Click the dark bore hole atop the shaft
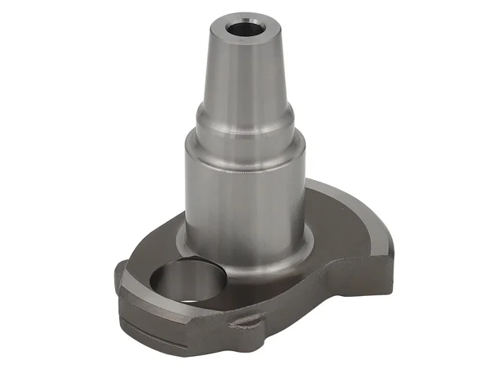click(x=244, y=26)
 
